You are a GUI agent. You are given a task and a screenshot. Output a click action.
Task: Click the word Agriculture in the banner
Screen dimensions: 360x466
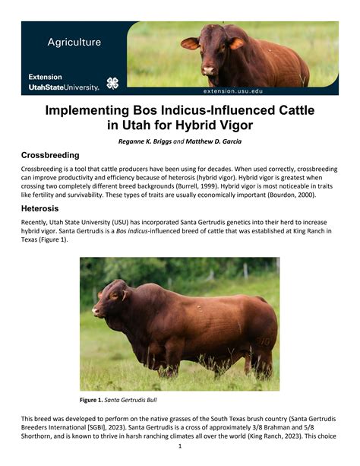pyautogui.click(x=74, y=43)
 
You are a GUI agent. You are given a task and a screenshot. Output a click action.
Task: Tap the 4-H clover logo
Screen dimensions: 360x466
pyautogui.click(x=112, y=84)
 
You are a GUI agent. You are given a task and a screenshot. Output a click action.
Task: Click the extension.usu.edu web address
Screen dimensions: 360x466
pyautogui.click(x=233, y=91)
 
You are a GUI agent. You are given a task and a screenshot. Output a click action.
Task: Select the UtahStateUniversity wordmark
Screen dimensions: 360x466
pyautogui.click(x=64, y=87)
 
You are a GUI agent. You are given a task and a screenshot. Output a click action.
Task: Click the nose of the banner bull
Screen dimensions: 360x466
pyautogui.click(x=209, y=71)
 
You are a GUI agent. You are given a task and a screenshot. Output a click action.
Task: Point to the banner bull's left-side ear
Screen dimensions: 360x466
pyautogui.click(x=190, y=43)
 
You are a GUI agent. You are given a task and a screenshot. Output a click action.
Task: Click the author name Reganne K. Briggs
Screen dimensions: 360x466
pyautogui.click(x=145, y=141)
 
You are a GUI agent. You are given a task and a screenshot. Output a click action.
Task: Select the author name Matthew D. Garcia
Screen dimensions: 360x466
pyautogui.click(x=213, y=141)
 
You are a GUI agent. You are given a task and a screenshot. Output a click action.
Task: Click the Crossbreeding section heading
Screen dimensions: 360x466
pyautogui.click(x=50, y=155)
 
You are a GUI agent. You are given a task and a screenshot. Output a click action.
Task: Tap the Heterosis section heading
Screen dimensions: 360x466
pyautogui.click(x=39, y=208)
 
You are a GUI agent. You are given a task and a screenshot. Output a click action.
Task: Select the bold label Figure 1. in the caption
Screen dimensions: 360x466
pyautogui.click(x=91, y=400)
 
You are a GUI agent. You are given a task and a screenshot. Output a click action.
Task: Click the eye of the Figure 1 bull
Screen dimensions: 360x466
pyautogui.click(x=114, y=296)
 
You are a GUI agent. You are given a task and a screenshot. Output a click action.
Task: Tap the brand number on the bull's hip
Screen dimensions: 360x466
pyautogui.click(x=264, y=341)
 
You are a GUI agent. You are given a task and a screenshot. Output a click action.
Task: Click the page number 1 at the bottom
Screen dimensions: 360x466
pyautogui.click(x=180, y=446)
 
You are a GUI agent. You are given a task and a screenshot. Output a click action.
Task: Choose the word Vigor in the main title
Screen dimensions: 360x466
pyautogui.click(x=236, y=125)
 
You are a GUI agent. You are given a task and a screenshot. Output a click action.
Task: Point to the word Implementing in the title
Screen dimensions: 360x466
pyautogui.click(x=87, y=110)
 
